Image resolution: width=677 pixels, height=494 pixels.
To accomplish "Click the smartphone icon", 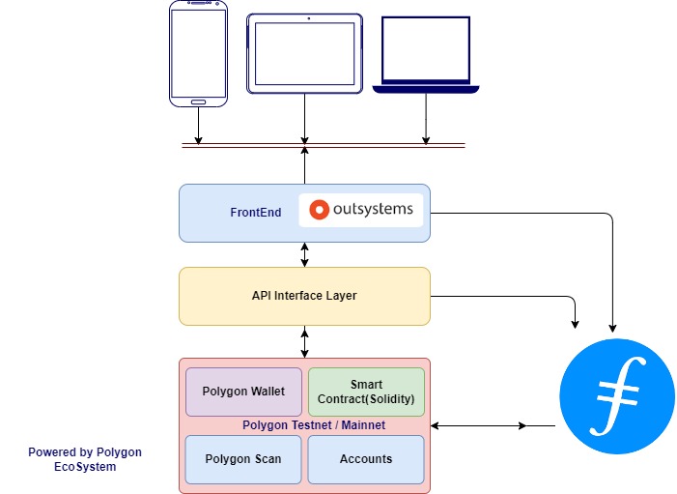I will coord(198,53).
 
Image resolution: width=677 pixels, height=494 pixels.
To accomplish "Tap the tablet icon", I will coord(305,53).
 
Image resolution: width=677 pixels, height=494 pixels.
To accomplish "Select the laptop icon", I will coord(426,55).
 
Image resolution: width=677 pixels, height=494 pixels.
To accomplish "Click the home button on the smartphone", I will coord(198,101).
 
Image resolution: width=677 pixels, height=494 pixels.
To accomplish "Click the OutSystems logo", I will coord(361,210).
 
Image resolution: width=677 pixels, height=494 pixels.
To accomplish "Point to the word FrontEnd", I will coord(256,213).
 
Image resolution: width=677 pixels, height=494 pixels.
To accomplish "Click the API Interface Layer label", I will coord(304,296).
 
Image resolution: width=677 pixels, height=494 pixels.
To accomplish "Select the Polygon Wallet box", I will coord(243,392).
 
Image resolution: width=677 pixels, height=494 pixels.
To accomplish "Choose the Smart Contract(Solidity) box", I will coord(366,392).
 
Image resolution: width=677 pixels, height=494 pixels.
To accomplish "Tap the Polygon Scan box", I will coord(243,459).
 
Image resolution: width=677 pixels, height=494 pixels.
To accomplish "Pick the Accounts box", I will coord(366,459).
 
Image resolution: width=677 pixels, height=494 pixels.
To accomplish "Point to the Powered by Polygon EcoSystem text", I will coord(85,459).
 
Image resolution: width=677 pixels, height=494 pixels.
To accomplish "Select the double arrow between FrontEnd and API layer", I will coord(305,254).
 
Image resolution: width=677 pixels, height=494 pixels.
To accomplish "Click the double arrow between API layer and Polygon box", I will coord(305,341).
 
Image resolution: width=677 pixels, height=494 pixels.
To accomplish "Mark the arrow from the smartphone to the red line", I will coord(198,126).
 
